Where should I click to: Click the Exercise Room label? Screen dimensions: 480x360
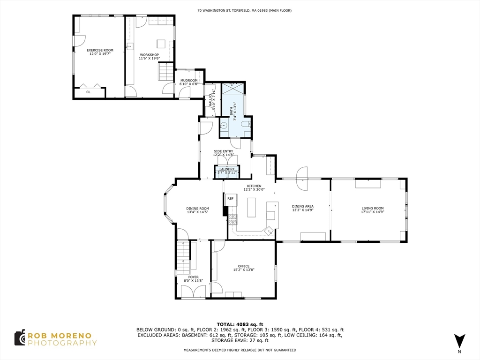click(100, 50)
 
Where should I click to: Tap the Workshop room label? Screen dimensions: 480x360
click(150, 55)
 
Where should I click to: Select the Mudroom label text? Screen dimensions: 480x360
click(189, 81)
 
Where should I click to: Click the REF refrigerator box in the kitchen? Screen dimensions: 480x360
click(230, 199)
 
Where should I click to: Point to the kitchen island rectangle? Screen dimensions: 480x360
click(251, 208)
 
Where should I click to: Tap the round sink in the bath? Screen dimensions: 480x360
click(225, 125)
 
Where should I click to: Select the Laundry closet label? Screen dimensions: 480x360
click(227, 169)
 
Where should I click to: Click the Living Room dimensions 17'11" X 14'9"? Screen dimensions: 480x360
click(373, 211)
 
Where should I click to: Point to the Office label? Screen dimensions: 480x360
click(244, 266)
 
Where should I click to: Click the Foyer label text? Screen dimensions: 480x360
click(194, 277)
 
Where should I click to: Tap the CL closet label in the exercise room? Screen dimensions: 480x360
click(88, 92)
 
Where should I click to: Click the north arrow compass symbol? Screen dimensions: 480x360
click(459, 341)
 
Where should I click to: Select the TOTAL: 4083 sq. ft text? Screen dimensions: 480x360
click(240, 324)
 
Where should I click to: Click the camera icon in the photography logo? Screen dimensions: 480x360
click(20, 338)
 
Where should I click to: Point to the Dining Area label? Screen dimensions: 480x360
click(303, 206)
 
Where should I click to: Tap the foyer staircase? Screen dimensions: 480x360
click(184, 257)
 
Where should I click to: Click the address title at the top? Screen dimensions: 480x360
click(245, 10)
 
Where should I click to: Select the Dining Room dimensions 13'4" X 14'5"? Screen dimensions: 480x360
click(198, 212)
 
